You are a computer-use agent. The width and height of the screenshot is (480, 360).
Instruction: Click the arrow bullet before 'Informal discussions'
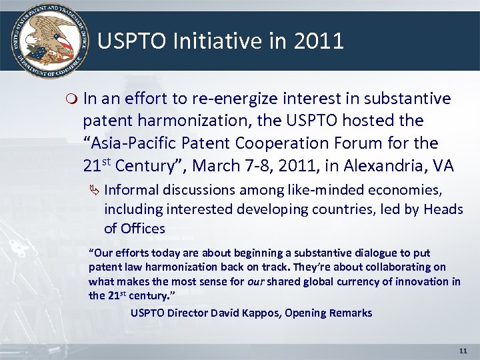pyautogui.click(x=94, y=190)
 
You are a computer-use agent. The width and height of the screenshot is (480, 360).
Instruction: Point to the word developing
pyautogui.click(x=271, y=209)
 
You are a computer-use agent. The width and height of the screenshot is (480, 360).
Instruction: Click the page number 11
pyautogui.click(x=464, y=350)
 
